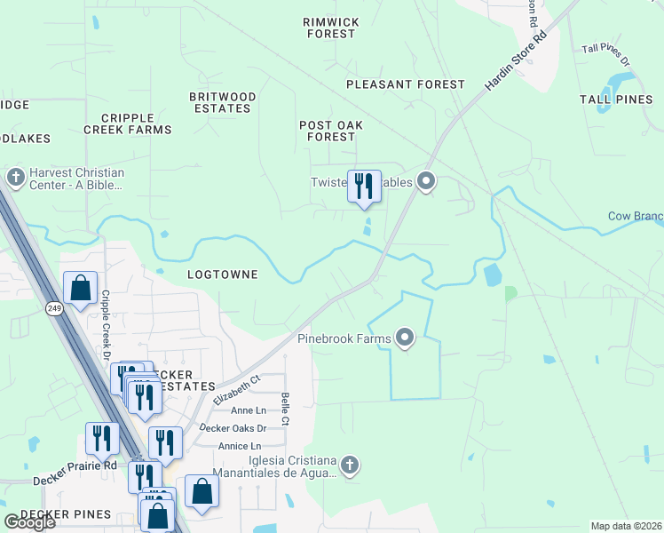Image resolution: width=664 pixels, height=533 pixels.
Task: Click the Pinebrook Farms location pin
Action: pyautogui.click(x=406, y=338)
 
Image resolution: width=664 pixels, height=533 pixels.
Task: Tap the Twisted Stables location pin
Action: pyautogui.click(x=426, y=183)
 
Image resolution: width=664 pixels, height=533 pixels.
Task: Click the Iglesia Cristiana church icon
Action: pyautogui.click(x=350, y=465)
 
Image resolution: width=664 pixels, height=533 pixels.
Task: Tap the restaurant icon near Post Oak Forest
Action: pyautogui.click(x=364, y=187)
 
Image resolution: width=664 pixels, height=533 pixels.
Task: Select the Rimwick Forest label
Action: pyautogui.click(x=330, y=28)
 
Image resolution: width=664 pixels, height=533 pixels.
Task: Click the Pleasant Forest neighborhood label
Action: pyautogui.click(x=405, y=84)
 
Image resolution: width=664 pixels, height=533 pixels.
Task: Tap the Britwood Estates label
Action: pyautogui.click(x=223, y=102)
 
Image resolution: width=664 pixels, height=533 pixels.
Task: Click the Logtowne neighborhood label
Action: pyautogui.click(x=223, y=274)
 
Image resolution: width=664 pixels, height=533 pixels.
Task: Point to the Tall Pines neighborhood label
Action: pyautogui.click(x=616, y=99)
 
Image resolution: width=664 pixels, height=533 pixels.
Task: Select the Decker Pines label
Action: pyautogui.click(x=66, y=514)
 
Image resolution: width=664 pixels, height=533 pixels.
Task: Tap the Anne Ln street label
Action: pyautogui.click(x=248, y=410)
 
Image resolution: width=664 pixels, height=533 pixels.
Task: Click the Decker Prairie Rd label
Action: pyautogui.click(x=75, y=473)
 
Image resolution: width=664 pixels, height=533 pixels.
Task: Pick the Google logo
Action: pyautogui.click(x=29, y=522)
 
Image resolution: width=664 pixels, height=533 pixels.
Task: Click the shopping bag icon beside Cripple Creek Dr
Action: pyautogui.click(x=80, y=289)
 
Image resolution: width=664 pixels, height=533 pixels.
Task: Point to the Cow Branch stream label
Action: pyautogui.click(x=635, y=216)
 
